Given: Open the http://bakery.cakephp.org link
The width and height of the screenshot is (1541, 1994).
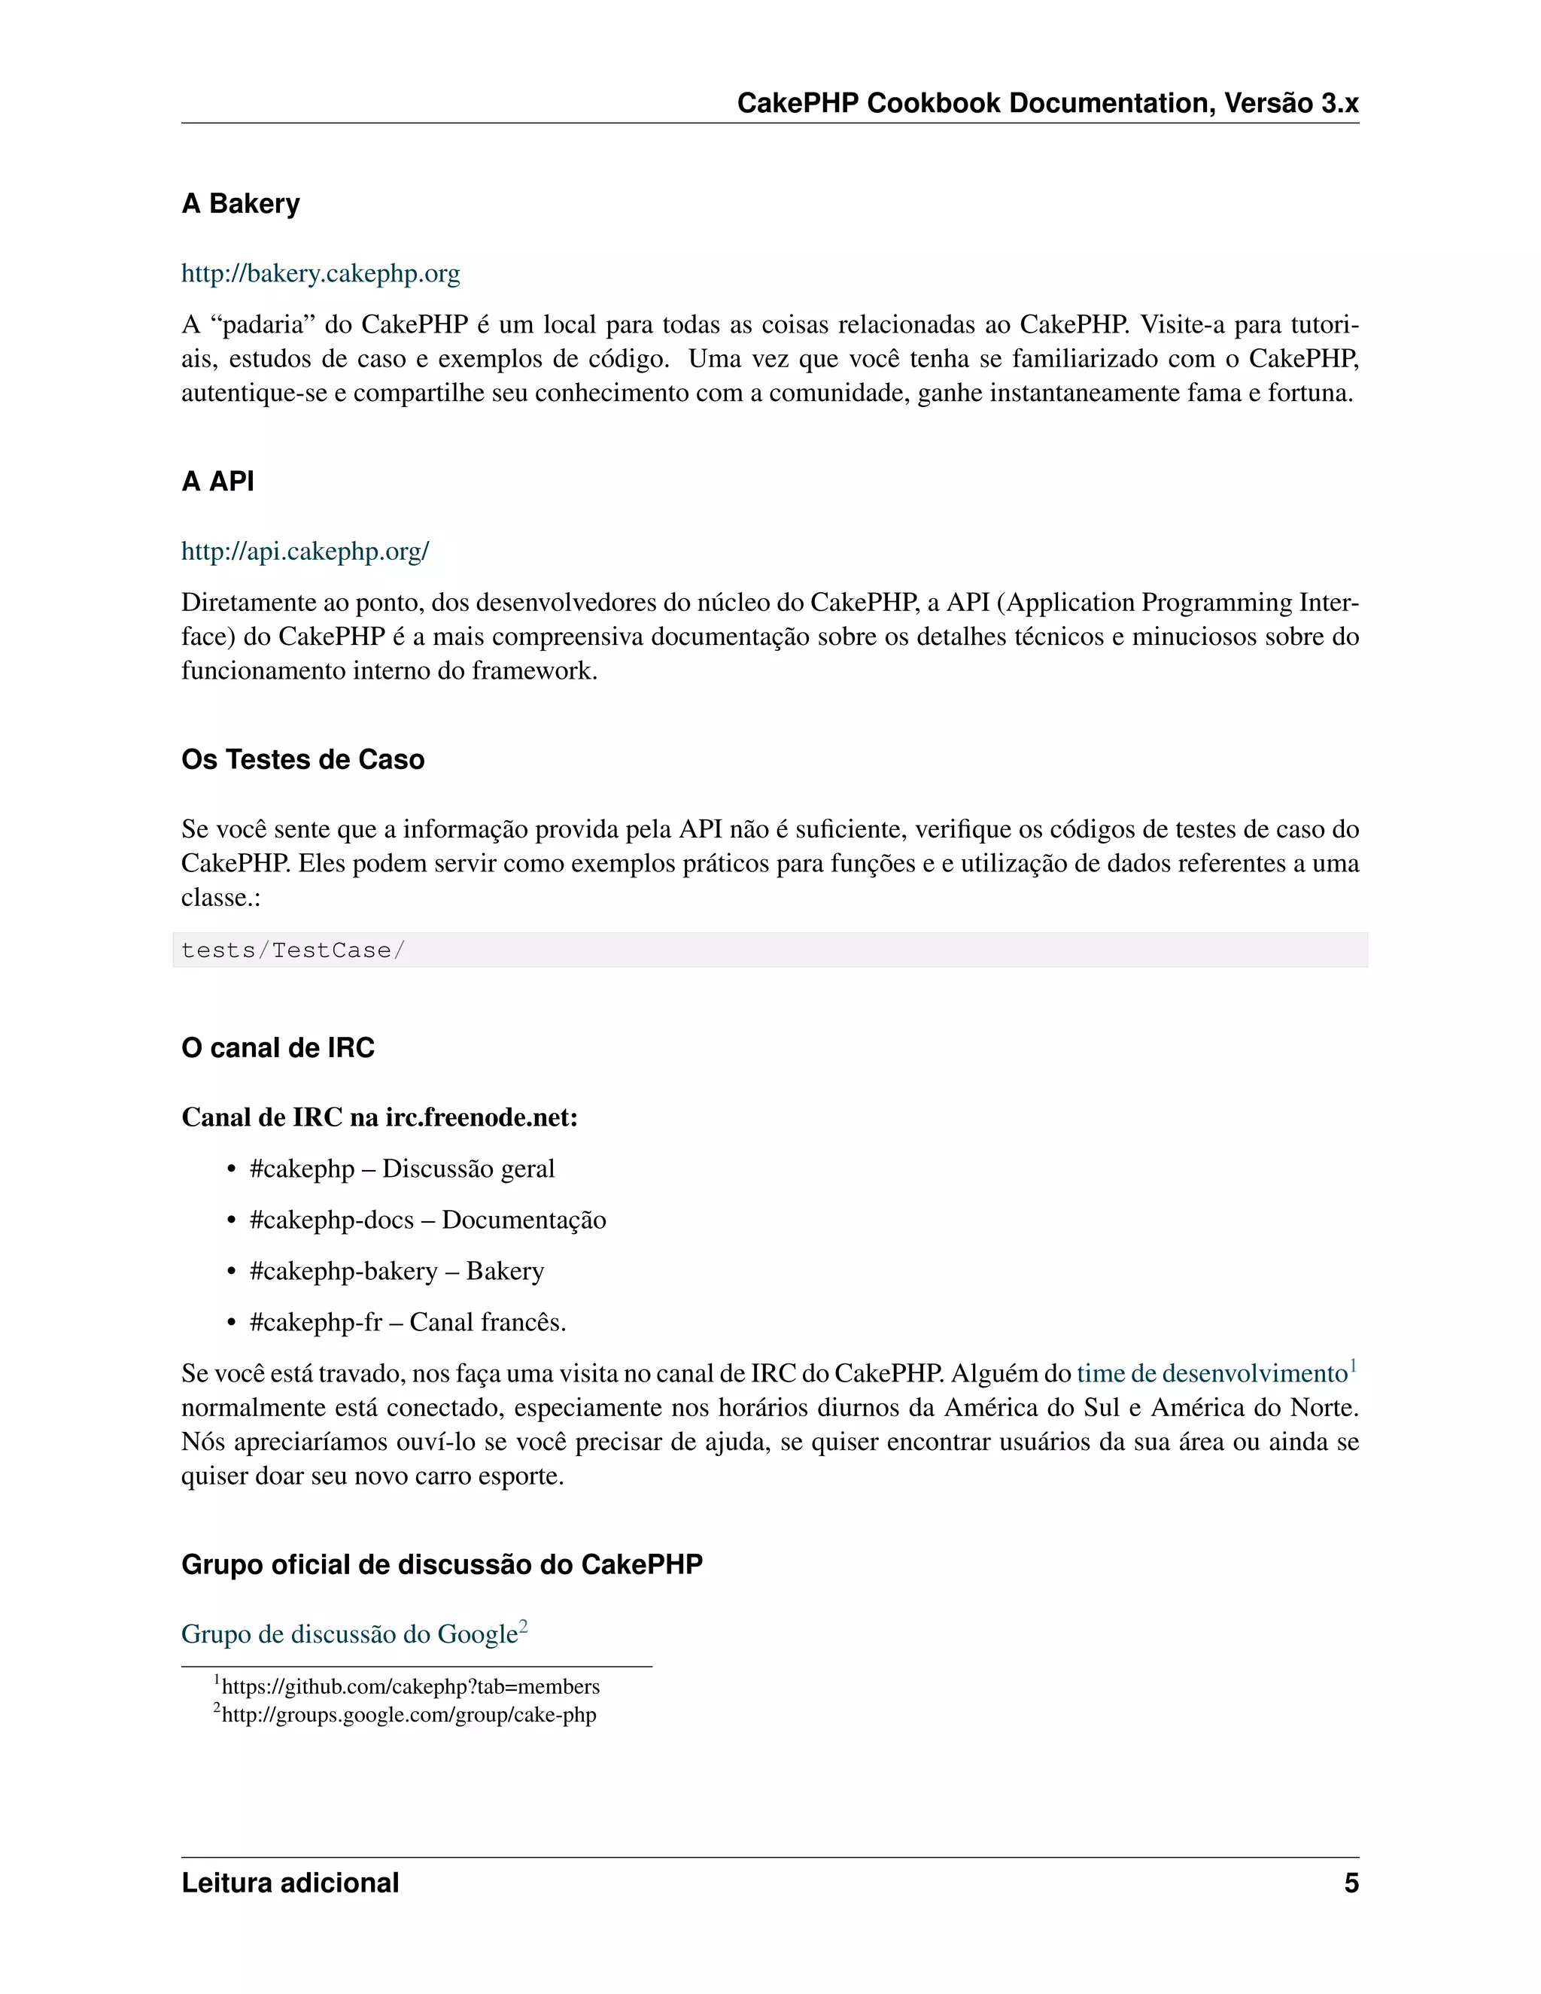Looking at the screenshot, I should tap(321, 273).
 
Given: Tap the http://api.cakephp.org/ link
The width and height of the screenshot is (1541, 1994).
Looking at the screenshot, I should tap(305, 552).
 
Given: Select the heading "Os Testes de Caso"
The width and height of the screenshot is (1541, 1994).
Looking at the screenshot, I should tap(302, 760).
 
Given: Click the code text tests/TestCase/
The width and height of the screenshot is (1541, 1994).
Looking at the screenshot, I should tap(292, 950).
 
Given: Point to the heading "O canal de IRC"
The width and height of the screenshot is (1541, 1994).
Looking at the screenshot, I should tap(278, 1047).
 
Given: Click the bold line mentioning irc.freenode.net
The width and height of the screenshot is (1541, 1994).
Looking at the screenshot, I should tap(379, 1117).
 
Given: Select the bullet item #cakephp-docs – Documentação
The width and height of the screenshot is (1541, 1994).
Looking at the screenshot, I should tap(427, 1220).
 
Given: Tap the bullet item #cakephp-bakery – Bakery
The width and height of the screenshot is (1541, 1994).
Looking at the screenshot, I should tap(397, 1271).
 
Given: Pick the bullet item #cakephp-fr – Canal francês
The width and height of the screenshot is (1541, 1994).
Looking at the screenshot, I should tap(407, 1322).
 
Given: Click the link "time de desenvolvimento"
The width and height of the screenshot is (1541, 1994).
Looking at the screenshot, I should tap(1211, 1374).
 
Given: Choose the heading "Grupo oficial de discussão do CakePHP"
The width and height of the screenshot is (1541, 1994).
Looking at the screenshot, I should tap(442, 1564).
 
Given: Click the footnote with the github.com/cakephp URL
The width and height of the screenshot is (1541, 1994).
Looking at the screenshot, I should tap(410, 1687).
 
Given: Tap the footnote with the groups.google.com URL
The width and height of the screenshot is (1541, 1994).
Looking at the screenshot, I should tap(408, 1715).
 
